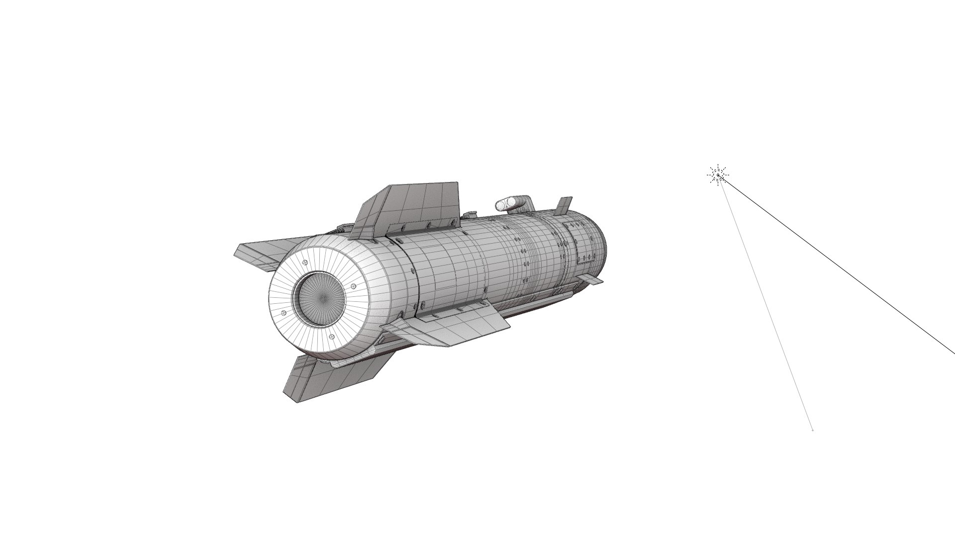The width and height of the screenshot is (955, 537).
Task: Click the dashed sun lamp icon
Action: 718,175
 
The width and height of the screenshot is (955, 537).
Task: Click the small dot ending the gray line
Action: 812,430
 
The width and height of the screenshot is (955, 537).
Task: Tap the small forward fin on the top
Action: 565,205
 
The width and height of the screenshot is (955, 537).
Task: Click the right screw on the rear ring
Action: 353,286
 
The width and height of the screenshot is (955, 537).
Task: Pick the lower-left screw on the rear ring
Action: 284,312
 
